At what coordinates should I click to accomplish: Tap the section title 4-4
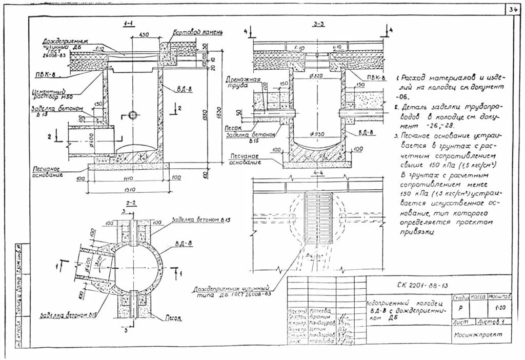318,172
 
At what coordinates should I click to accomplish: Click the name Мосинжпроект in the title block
477,334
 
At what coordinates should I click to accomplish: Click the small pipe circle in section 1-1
134,114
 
